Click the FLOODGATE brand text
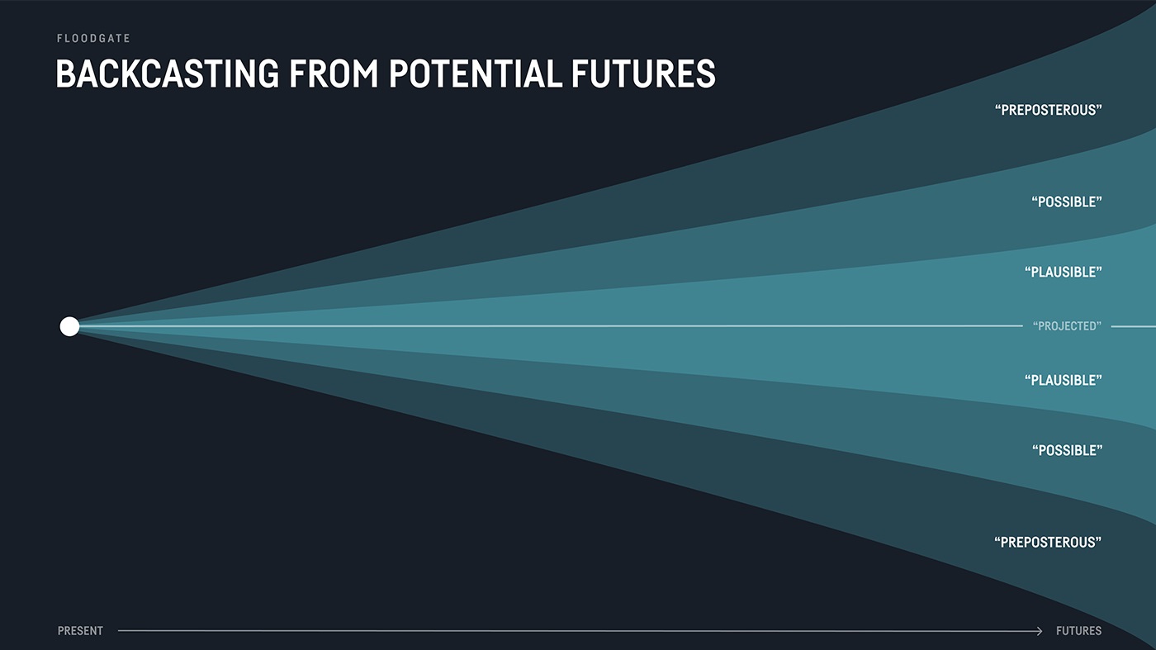93,38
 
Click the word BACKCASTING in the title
167,74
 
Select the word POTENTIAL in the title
475,74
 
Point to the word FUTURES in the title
643,74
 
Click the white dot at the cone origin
69,326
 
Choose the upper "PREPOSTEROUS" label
1048,110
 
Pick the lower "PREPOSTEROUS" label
1048,542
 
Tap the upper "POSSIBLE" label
1067,202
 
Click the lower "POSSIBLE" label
1067,450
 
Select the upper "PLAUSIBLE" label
1064,272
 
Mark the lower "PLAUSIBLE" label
1064,381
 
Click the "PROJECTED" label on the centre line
1067,326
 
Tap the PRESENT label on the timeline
80,631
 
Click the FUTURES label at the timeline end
1078,631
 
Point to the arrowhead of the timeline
1040,631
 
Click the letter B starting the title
65,74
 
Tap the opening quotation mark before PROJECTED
1035,323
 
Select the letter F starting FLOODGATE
59,38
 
